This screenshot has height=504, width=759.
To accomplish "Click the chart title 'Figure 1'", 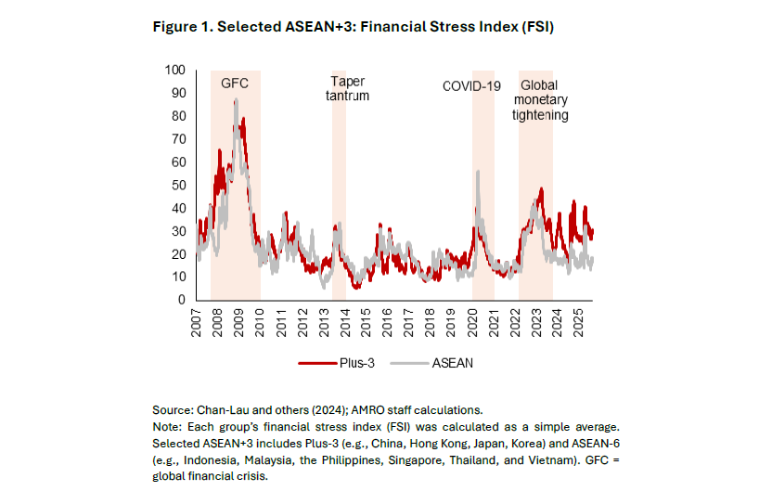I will (354, 27).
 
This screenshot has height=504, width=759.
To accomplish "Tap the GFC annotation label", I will (234, 84).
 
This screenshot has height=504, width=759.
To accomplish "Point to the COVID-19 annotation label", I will (471, 86).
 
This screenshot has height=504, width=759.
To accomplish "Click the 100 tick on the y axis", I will (174, 70).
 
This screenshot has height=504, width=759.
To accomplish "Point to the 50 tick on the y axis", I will (178, 185).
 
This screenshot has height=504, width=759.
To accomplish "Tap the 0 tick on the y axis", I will (182, 300).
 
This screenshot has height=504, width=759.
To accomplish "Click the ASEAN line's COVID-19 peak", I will (477, 171).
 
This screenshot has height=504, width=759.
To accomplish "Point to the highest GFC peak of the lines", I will (236, 100).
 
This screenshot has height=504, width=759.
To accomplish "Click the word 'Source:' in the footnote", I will (174, 409).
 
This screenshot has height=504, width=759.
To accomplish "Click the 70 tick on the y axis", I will (178, 139).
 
